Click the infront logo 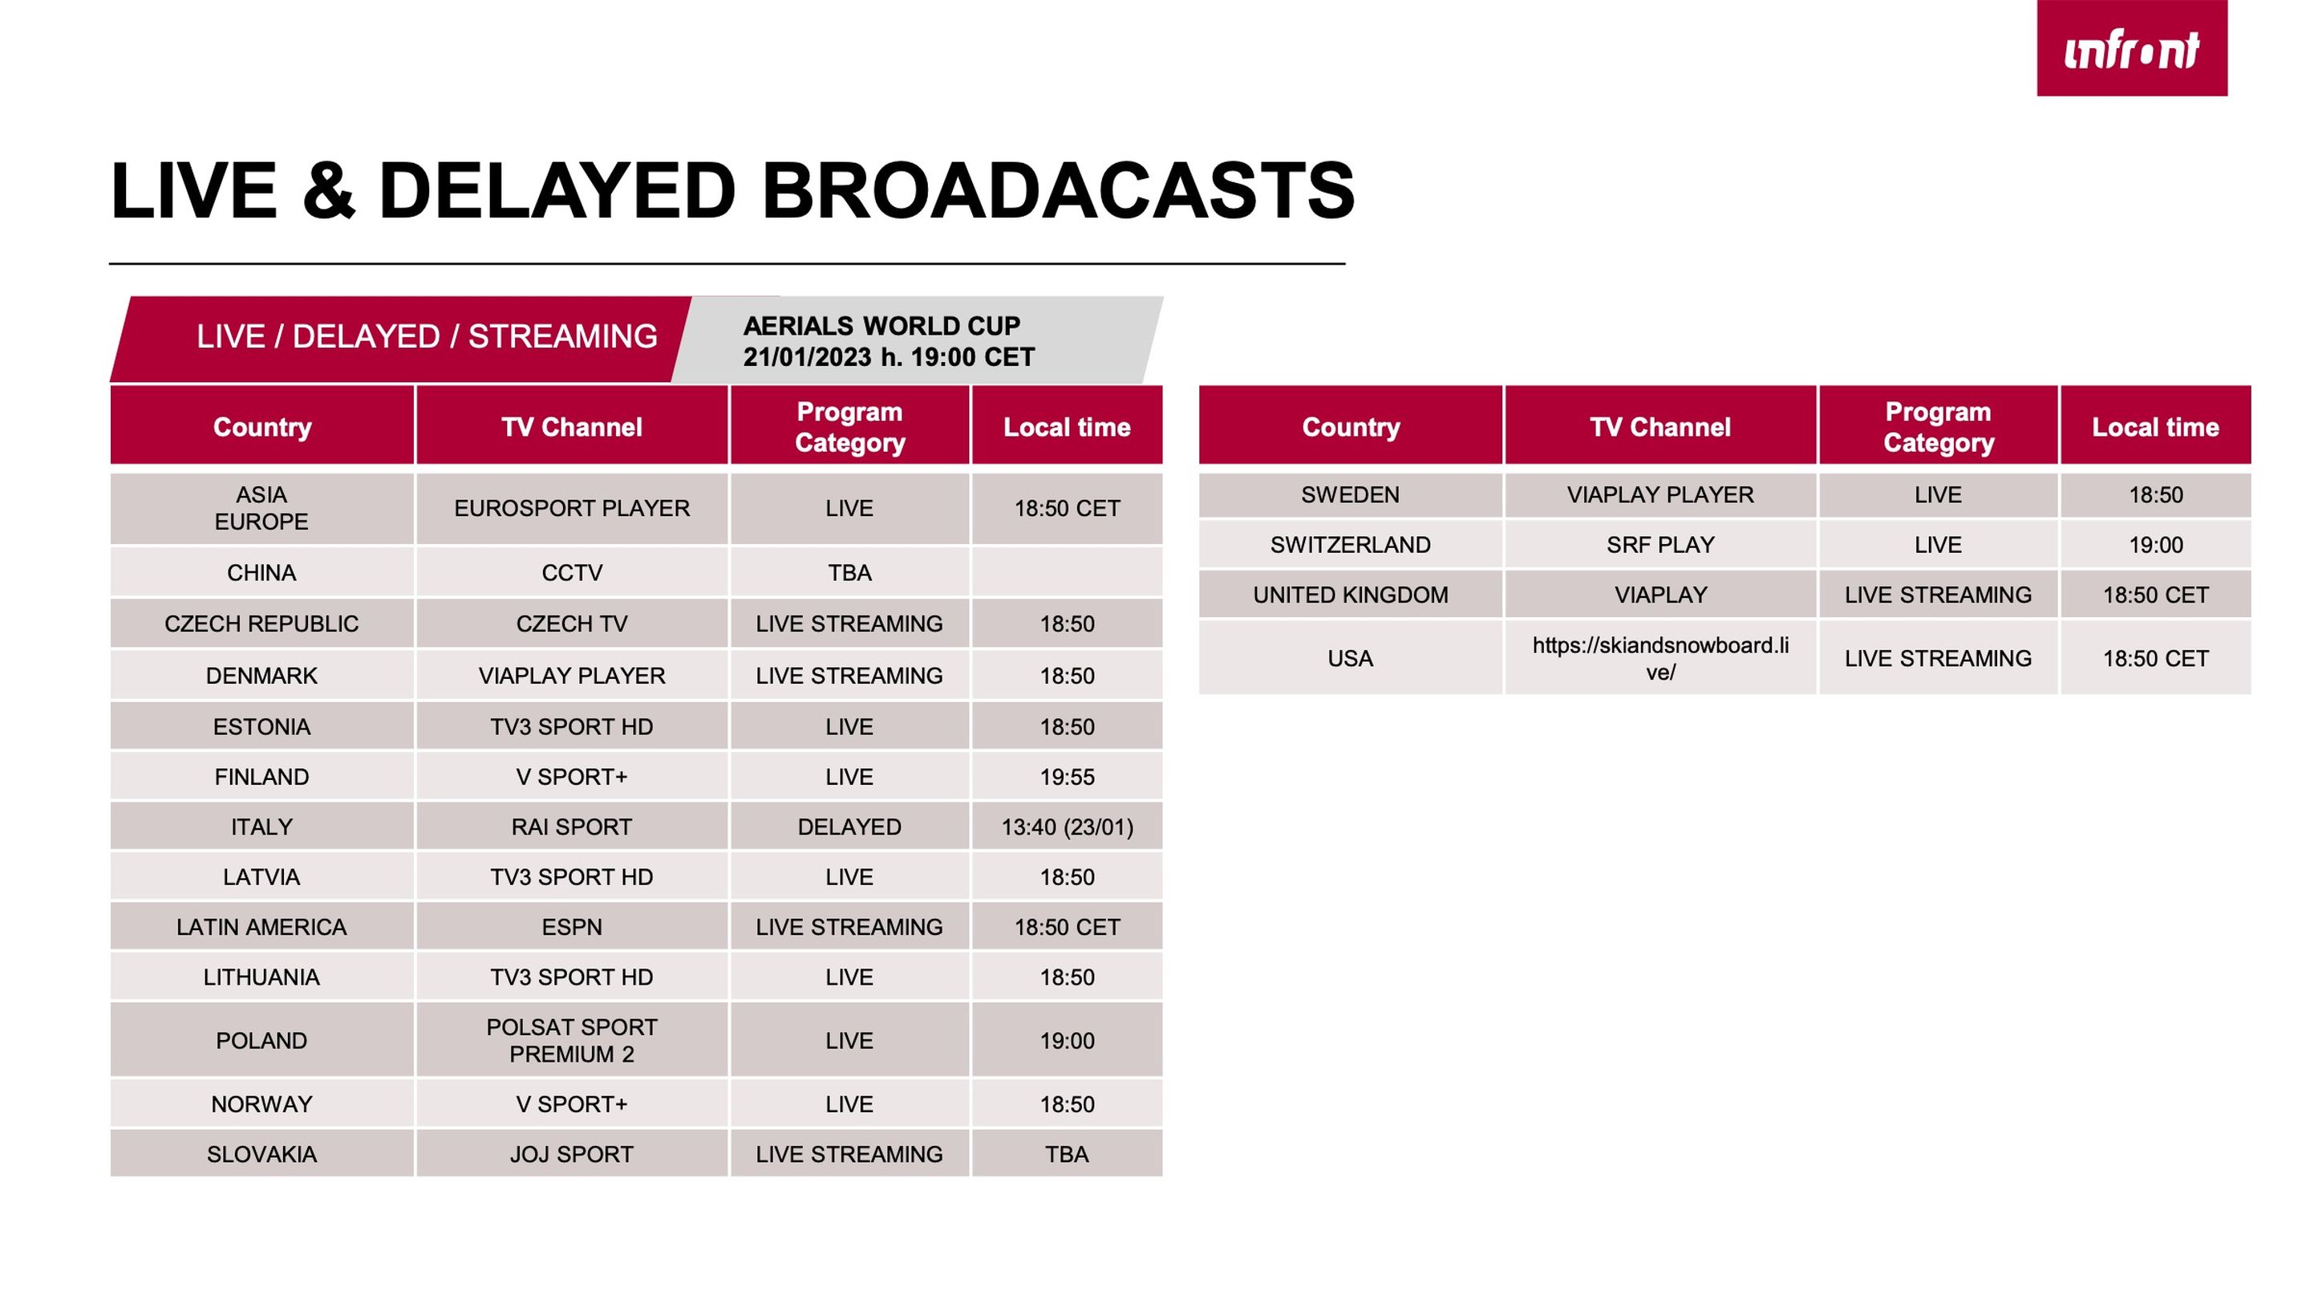click(2132, 48)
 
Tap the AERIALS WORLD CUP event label click(881, 326)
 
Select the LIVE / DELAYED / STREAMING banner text click(427, 336)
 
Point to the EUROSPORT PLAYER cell click(572, 509)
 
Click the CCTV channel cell click(572, 572)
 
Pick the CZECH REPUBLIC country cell click(261, 624)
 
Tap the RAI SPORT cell click(572, 827)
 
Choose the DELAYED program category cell click(849, 827)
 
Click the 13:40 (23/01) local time click(1067, 827)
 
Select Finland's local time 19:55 click(1067, 777)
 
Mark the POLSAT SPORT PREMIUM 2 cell click(572, 1040)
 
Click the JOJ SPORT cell click(572, 1154)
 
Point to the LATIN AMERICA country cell click(261, 927)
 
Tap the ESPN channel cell click(572, 927)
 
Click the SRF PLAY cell click(1661, 545)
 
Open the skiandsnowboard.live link click(1661, 658)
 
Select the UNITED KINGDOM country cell click(1351, 595)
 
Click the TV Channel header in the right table click(1661, 426)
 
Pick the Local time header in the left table click(1067, 426)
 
